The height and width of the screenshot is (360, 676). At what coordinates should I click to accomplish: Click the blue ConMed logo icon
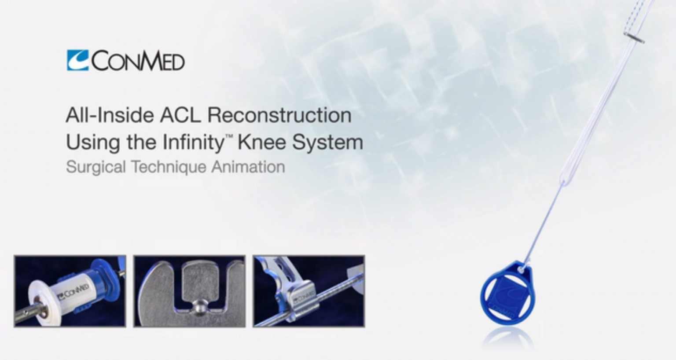78,60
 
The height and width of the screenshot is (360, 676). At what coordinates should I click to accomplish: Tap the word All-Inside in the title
110,116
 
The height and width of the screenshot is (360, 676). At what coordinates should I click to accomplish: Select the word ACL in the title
180,116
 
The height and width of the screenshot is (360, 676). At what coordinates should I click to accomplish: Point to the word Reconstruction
279,116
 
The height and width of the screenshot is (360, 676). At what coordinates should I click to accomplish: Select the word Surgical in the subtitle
96,167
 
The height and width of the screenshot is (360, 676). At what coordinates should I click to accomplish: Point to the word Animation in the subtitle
248,167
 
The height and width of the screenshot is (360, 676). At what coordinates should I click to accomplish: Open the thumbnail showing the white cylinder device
70,291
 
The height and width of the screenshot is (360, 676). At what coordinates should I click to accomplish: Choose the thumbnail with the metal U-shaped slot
189,291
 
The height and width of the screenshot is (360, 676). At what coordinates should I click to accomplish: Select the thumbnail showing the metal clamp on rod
309,291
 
